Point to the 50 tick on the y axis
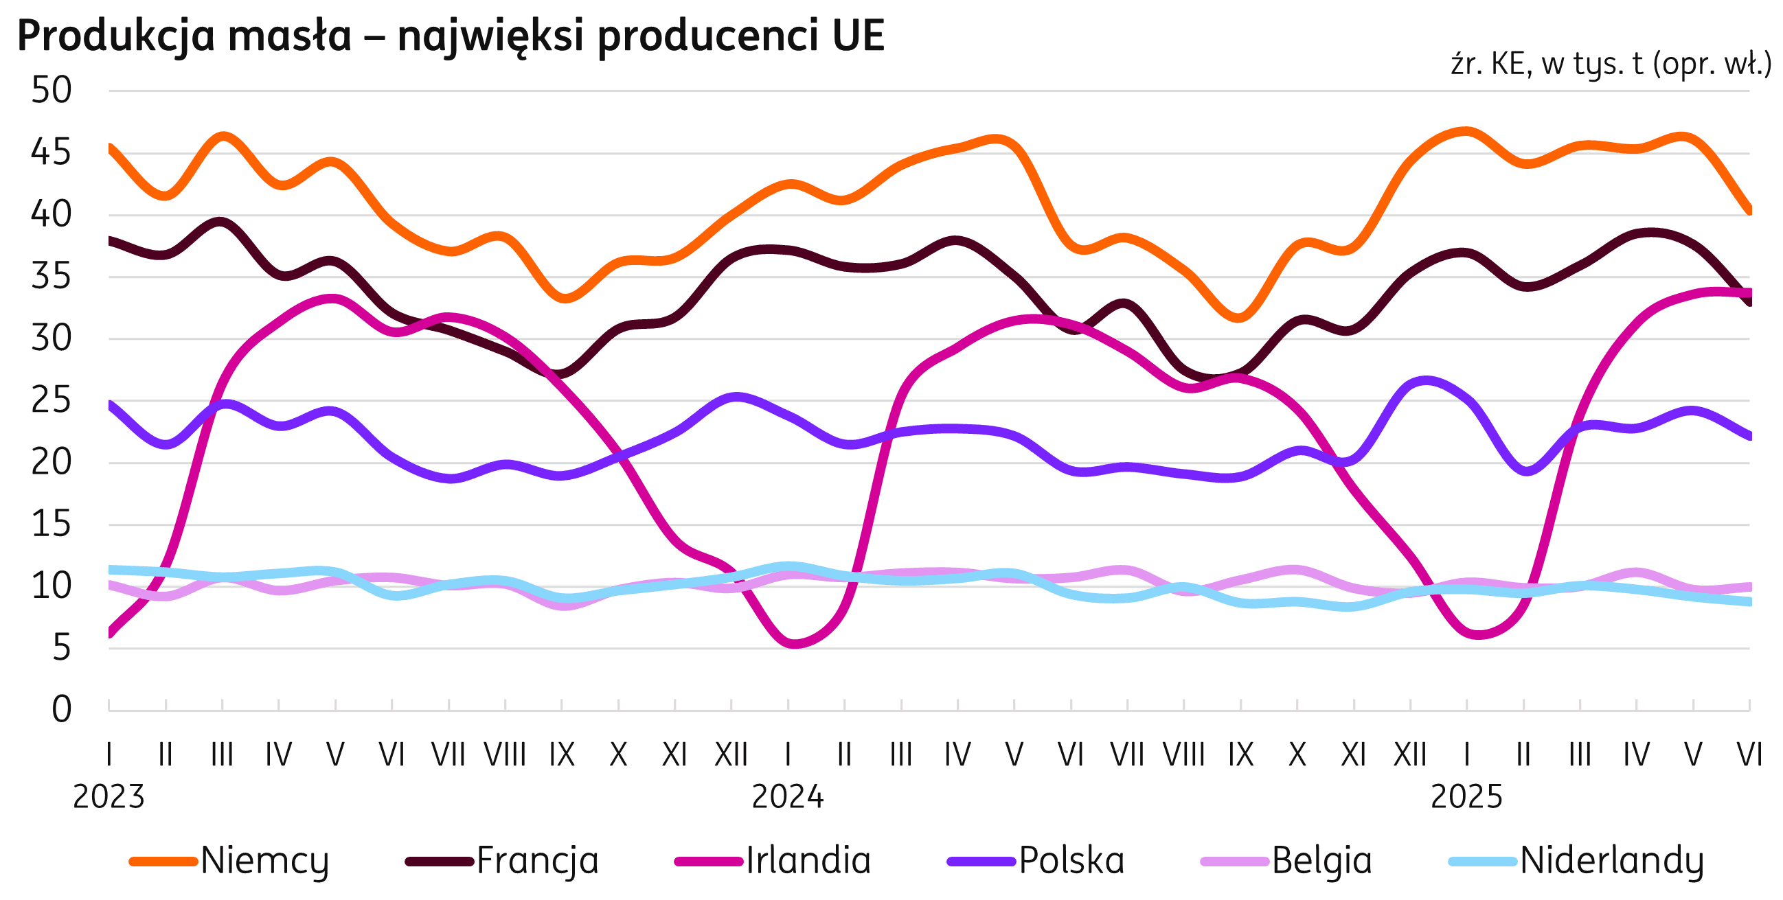[52, 91]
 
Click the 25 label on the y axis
[52, 401]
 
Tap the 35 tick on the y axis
[52, 277]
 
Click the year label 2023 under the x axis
[109, 797]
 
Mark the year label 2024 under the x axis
[788, 797]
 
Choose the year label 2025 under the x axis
[1466, 797]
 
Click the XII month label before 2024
[731, 754]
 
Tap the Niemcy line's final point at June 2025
[1749, 212]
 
